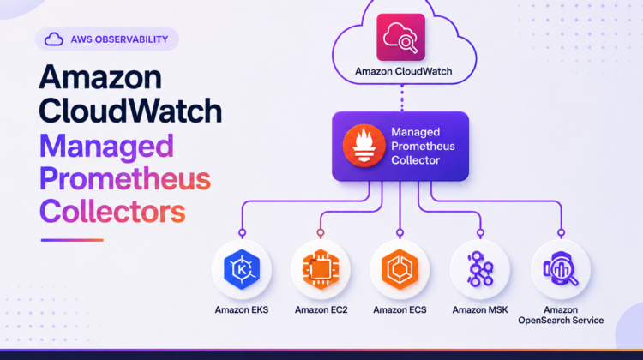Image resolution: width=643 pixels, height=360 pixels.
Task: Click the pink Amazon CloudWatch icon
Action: click(400, 38)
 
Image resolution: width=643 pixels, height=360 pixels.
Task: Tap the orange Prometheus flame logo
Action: click(364, 146)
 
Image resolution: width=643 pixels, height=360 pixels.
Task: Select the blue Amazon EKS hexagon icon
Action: click(242, 269)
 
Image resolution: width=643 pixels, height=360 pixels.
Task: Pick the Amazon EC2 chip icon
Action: click(321, 269)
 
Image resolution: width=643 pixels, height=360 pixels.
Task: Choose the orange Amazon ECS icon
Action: click(400, 269)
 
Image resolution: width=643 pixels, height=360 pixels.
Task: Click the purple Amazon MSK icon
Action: click(480, 269)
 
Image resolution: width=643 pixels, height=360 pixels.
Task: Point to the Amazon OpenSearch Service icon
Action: click(561, 269)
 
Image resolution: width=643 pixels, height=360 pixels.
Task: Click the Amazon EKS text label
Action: click(242, 310)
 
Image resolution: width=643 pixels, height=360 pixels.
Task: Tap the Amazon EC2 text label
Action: click(321, 310)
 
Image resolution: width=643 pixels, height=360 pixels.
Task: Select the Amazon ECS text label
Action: click(400, 310)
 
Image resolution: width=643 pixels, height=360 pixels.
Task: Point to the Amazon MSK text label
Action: click(480, 310)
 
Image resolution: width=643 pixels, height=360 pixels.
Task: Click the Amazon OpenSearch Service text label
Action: click(561, 315)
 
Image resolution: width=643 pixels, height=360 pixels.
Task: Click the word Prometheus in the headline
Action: click(125, 179)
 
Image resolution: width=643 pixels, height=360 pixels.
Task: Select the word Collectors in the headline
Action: click(112, 211)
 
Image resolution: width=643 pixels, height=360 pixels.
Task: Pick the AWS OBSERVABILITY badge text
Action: click(119, 39)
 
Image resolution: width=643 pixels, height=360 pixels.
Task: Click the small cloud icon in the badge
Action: click(54, 39)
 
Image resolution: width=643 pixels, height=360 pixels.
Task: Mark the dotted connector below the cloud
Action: click(402, 98)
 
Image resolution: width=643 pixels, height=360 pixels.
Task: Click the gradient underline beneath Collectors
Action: click(72, 240)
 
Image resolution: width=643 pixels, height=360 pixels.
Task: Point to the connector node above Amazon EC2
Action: click(321, 233)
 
